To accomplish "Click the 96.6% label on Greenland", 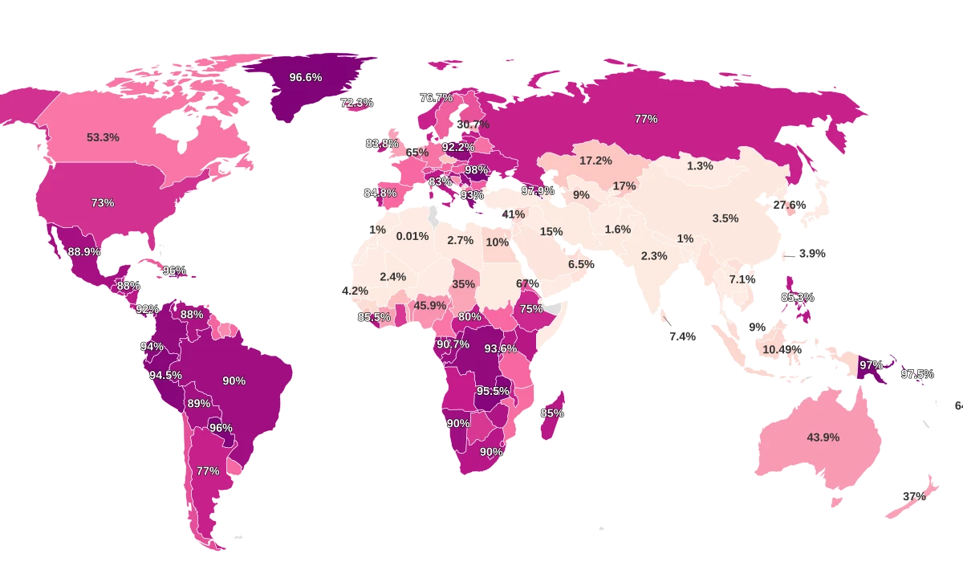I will (x=306, y=77).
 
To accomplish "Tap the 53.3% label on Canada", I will (x=103, y=137).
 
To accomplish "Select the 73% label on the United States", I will (x=103, y=203).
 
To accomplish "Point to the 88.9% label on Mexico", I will (x=84, y=251).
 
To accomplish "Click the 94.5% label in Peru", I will (x=165, y=375).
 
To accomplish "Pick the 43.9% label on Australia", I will (x=823, y=438).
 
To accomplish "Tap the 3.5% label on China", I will (x=725, y=218).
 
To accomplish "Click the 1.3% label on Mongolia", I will (x=700, y=166).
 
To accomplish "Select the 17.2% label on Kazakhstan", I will (x=596, y=161).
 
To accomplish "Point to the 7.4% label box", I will (x=682, y=336).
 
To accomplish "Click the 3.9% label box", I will (x=812, y=254).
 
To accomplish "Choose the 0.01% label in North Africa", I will (x=412, y=236).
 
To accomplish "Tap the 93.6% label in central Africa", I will (x=501, y=348).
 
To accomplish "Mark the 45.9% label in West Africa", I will (x=430, y=305).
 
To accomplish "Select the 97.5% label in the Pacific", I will (x=917, y=374).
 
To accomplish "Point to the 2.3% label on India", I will (x=654, y=256).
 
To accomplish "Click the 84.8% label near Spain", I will (x=380, y=193).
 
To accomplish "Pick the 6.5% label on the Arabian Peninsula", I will (x=580, y=264).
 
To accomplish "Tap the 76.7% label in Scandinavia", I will (x=437, y=97).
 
